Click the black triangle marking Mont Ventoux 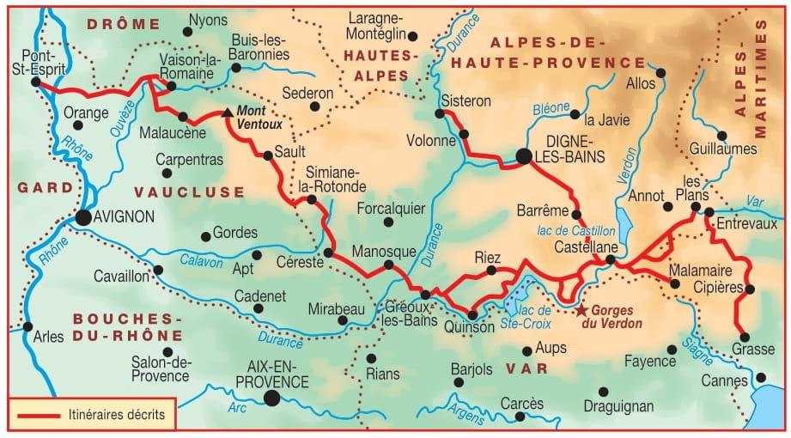click(x=227, y=113)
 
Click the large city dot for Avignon click(x=83, y=217)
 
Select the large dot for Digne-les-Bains click(x=524, y=155)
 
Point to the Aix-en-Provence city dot click(x=272, y=397)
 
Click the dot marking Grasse click(x=744, y=338)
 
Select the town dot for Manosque click(x=388, y=265)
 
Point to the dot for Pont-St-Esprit click(x=35, y=82)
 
